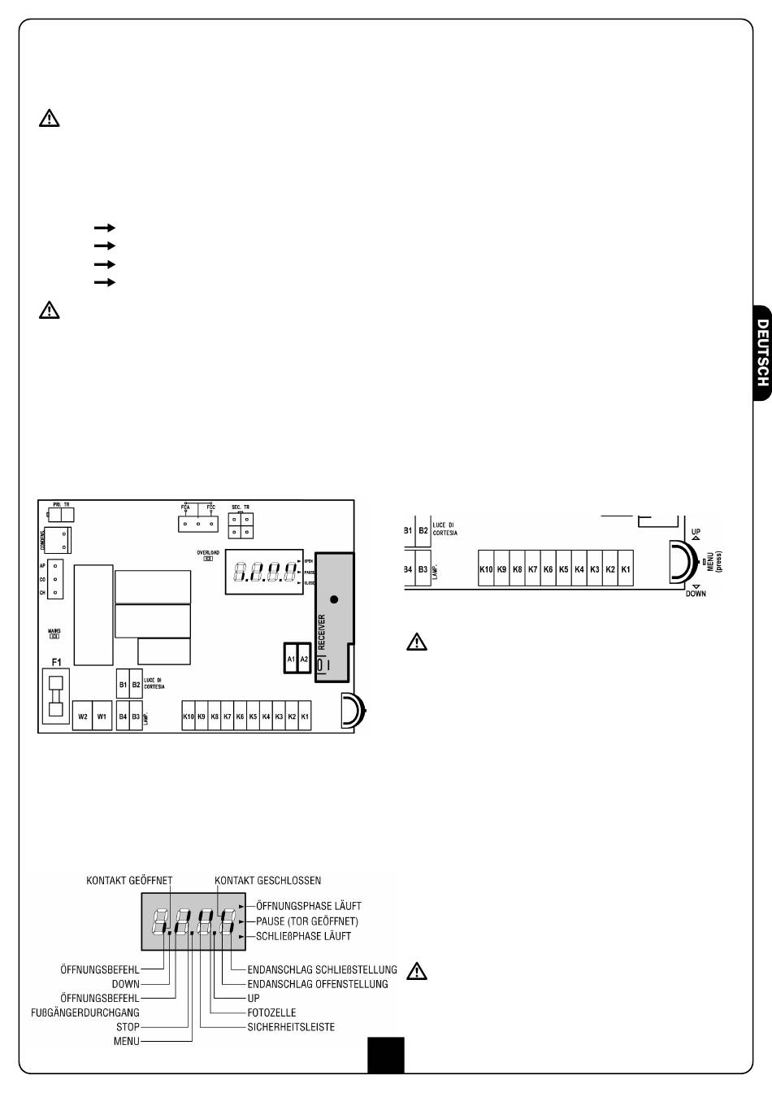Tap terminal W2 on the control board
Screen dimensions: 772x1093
(82, 716)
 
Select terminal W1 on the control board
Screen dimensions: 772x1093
(102, 716)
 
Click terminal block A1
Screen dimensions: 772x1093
(291, 659)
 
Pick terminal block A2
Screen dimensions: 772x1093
(305, 659)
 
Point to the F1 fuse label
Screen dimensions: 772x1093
(56, 663)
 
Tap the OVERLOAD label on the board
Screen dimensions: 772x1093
(208, 552)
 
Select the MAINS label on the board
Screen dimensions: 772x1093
(54, 630)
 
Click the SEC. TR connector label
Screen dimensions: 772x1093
(241, 506)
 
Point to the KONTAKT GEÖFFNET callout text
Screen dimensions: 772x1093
(135, 880)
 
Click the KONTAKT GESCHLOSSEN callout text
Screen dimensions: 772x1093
(267, 880)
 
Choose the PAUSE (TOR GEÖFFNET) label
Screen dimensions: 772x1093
(306, 921)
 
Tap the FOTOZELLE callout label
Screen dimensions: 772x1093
(271, 1012)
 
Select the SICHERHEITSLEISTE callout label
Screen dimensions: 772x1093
(291, 1027)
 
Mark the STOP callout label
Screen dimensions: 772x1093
(128, 1027)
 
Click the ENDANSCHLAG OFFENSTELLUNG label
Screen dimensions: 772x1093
(318, 984)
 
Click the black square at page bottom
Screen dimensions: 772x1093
(385, 1055)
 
